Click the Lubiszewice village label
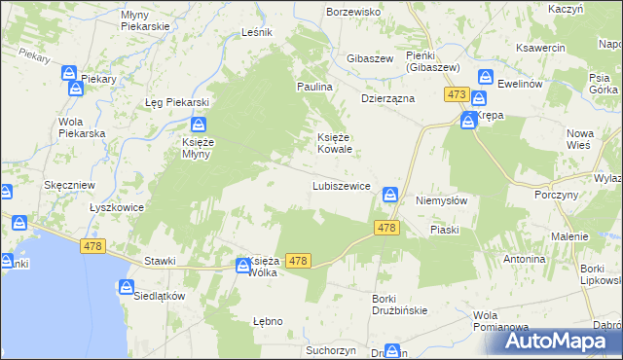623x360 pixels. (340, 185)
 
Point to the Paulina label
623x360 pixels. (315, 87)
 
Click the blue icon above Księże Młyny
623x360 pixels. (199, 124)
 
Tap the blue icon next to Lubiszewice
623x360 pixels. (390, 195)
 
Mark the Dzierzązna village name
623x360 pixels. (388, 98)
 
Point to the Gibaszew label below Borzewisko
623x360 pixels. (370, 58)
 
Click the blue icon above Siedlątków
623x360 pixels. (127, 287)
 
